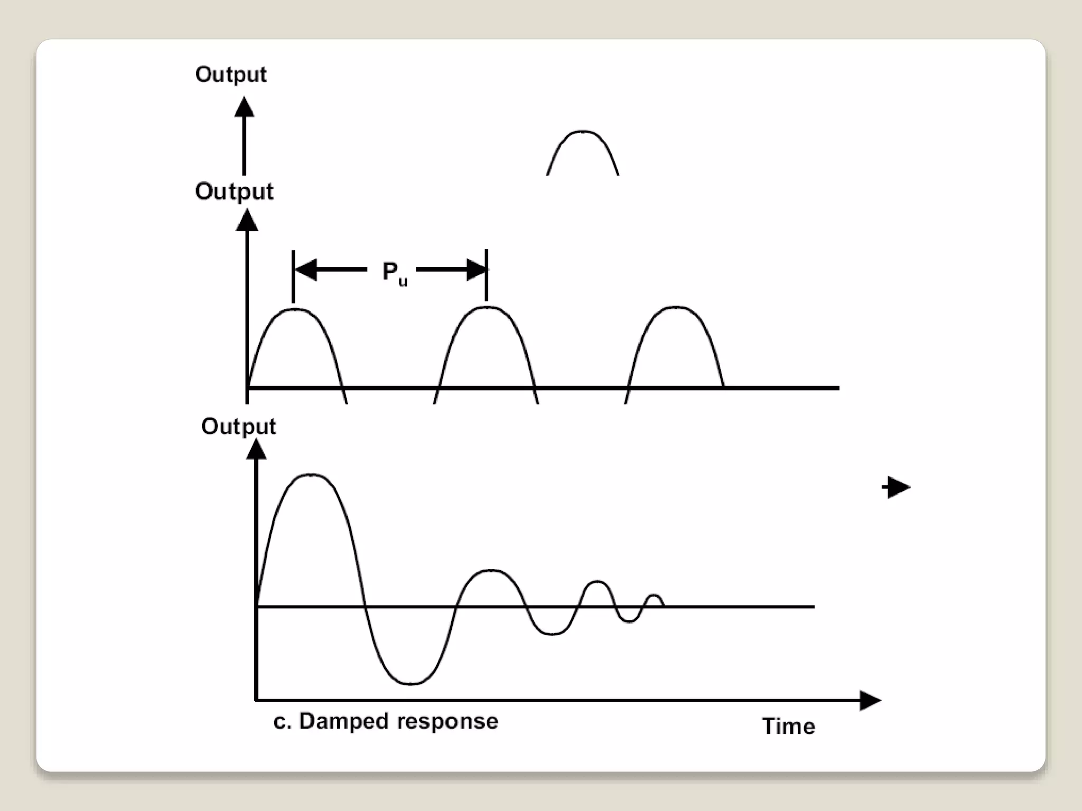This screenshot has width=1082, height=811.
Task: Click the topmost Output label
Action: pyautogui.click(x=231, y=75)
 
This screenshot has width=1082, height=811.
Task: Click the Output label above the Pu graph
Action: pyautogui.click(x=234, y=192)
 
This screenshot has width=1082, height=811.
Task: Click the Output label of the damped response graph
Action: pyautogui.click(x=238, y=427)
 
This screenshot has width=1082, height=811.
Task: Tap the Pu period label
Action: pyautogui.click(x=394, y=273)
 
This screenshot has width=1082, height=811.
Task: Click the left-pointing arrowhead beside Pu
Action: pyautogui.click(x=305, y=269)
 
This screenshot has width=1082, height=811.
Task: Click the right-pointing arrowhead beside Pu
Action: pyautogui.click(x=475, y=269)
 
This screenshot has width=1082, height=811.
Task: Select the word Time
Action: pyautogui.click(x=788, y=727)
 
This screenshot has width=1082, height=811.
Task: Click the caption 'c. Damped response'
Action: pyautogui.click(x=386, y=721)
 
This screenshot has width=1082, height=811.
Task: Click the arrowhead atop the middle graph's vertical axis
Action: pyautogui.click(x=247, y=220)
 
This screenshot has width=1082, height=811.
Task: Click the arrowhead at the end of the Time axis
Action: pyautogui.click(x=870, y=701)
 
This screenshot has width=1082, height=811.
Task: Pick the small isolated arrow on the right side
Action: pyautogui.click(x=897, y=487)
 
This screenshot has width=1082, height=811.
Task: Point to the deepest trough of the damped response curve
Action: pyautogui.click(x=412, y=684)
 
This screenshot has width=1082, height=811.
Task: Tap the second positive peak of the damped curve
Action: pyautogui.click(x=491, y=571)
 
